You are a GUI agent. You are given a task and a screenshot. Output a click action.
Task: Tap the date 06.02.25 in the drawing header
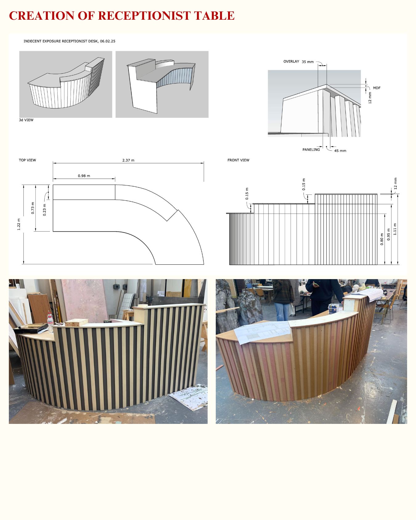108,41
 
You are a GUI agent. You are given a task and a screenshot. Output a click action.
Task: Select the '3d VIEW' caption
26,120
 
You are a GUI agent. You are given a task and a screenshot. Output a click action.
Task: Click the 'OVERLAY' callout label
291,62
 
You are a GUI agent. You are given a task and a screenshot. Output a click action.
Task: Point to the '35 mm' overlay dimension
308,62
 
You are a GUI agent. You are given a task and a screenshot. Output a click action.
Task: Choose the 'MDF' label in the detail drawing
377,88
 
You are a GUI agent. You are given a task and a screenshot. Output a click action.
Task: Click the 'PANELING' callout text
311,150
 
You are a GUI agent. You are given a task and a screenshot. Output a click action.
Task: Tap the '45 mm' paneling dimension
340,151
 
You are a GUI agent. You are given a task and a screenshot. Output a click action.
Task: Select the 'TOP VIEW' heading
27,160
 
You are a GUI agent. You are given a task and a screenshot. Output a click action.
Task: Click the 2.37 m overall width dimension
128,160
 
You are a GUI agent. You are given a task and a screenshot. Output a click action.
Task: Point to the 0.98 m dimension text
84,176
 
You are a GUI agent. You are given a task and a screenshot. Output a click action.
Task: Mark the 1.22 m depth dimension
19,224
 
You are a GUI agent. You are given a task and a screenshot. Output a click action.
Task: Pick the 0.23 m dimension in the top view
44,210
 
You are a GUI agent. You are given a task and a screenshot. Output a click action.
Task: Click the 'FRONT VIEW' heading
239,160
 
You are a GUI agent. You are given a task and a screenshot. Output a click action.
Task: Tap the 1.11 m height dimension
395,229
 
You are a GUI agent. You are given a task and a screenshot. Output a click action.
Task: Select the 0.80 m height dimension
382,239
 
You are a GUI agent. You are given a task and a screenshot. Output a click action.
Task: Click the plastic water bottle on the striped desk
50,323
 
